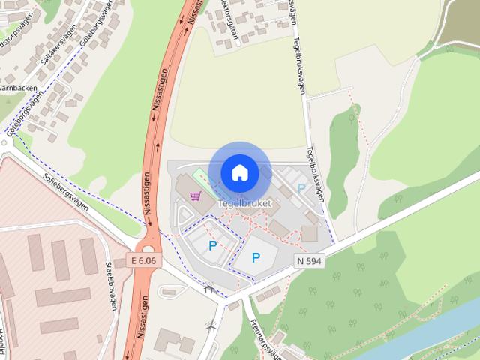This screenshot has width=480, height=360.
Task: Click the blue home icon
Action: pos(239,172)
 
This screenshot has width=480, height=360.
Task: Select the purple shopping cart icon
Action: pos(196,196)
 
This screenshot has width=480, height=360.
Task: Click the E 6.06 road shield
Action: pos(142,260)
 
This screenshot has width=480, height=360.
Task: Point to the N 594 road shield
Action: pos(309,260)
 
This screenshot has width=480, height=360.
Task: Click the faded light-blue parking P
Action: pos(301,189)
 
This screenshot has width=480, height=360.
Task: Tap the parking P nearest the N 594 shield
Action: pos(256,258)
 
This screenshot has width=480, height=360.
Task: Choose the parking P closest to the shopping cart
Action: pos(212,244)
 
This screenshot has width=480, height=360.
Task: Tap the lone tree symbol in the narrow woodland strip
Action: pos(352,117)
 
